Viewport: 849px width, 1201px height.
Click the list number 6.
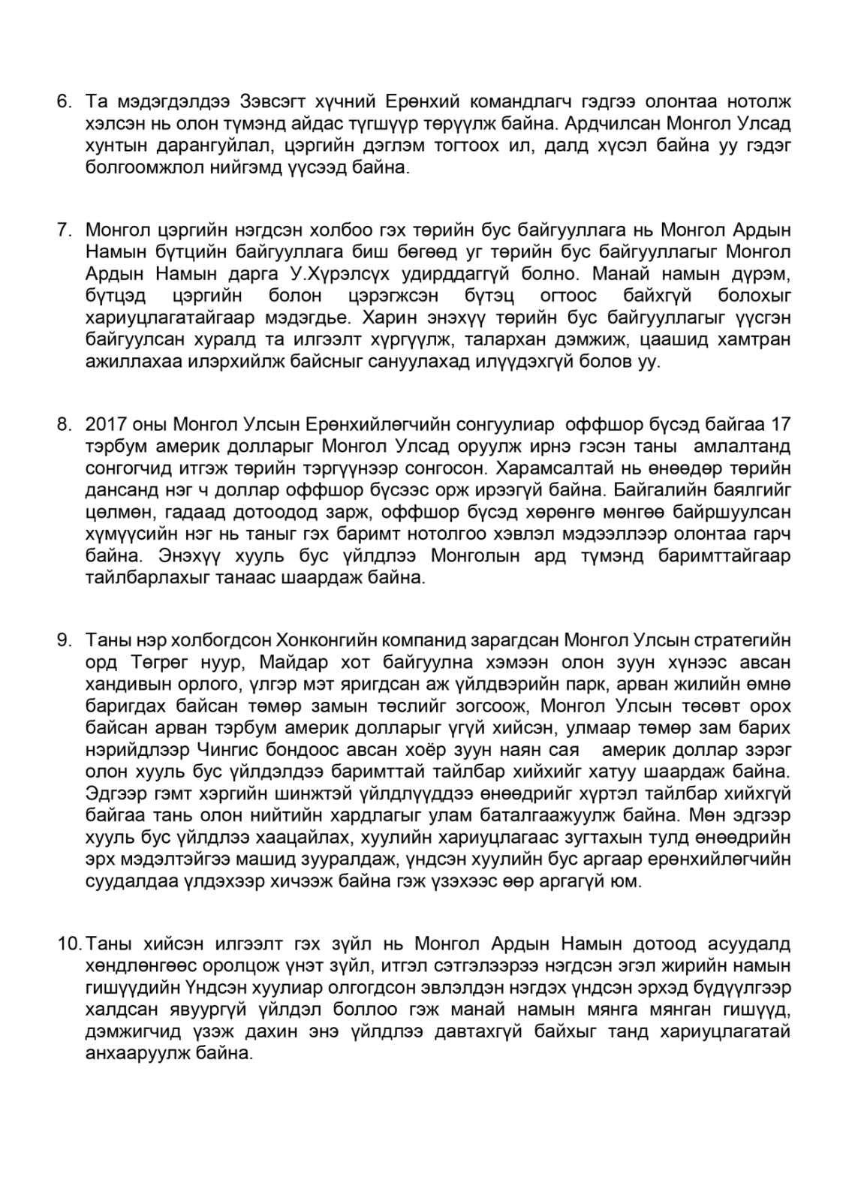64,101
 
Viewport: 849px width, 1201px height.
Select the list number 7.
64,230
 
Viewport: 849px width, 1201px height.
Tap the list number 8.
64,425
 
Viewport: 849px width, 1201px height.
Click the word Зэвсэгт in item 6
275,101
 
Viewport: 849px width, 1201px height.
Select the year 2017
104,425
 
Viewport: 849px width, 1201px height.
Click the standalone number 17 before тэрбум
779,425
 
